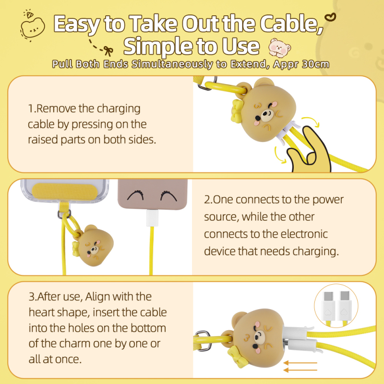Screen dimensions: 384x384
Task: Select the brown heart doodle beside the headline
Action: click(x=330, y=18)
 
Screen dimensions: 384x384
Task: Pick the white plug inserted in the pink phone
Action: click(x=152, y=218)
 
